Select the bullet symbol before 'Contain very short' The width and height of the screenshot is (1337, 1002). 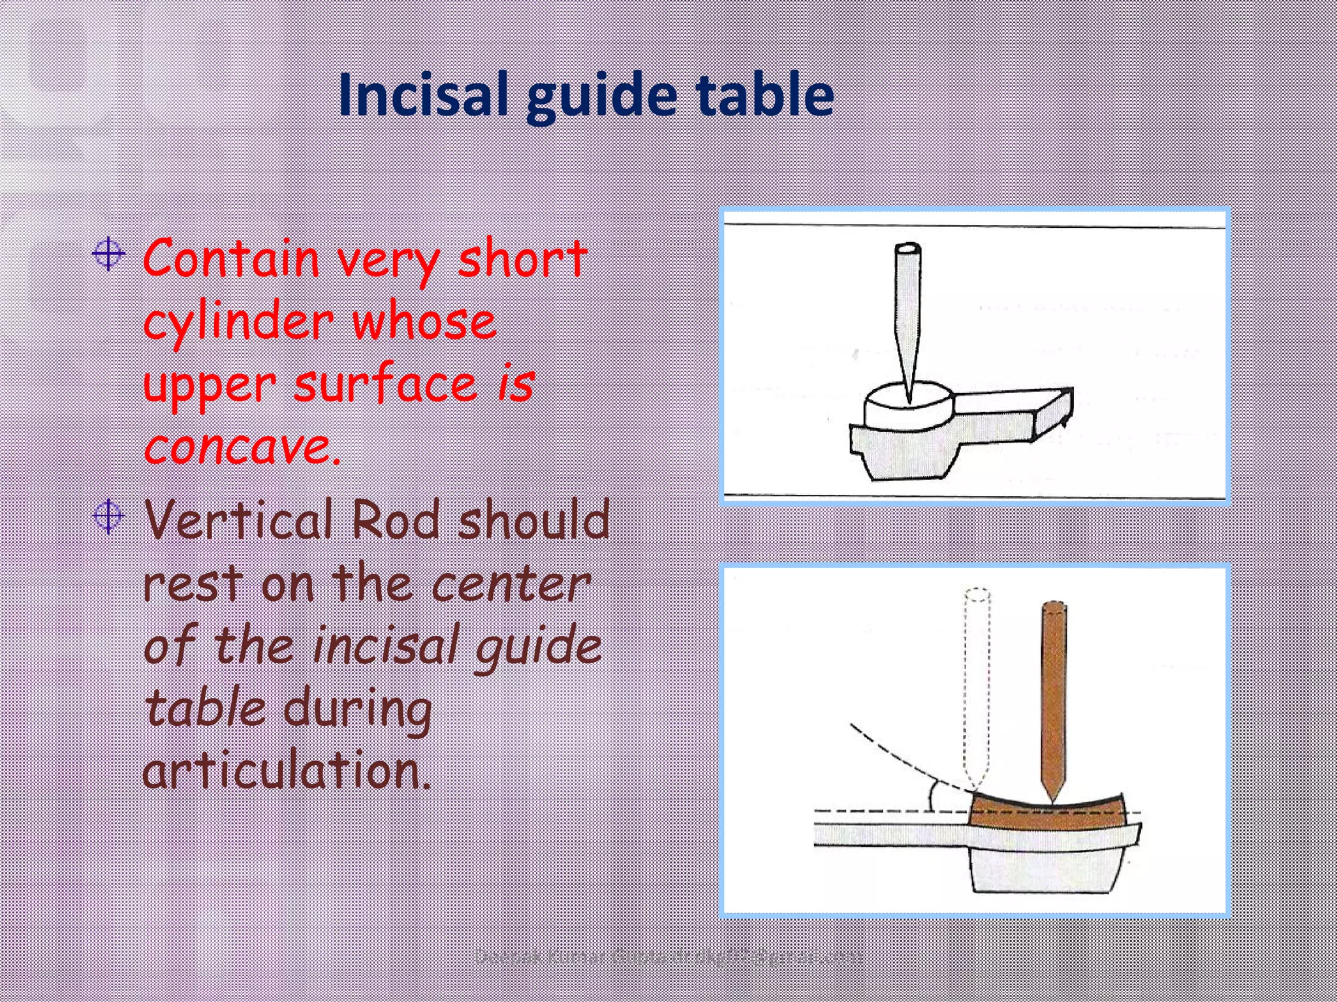click(108, 255)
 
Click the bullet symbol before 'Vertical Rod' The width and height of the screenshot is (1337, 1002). click(108, 517)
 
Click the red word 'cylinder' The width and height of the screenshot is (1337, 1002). click(238, 322)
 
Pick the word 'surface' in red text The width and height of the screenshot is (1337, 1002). click(385, 384)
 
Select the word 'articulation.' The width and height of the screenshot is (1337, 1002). click(287, 770)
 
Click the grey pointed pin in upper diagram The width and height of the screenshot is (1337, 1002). click(907, 307)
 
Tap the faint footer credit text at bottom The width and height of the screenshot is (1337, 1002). click(668, 957)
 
